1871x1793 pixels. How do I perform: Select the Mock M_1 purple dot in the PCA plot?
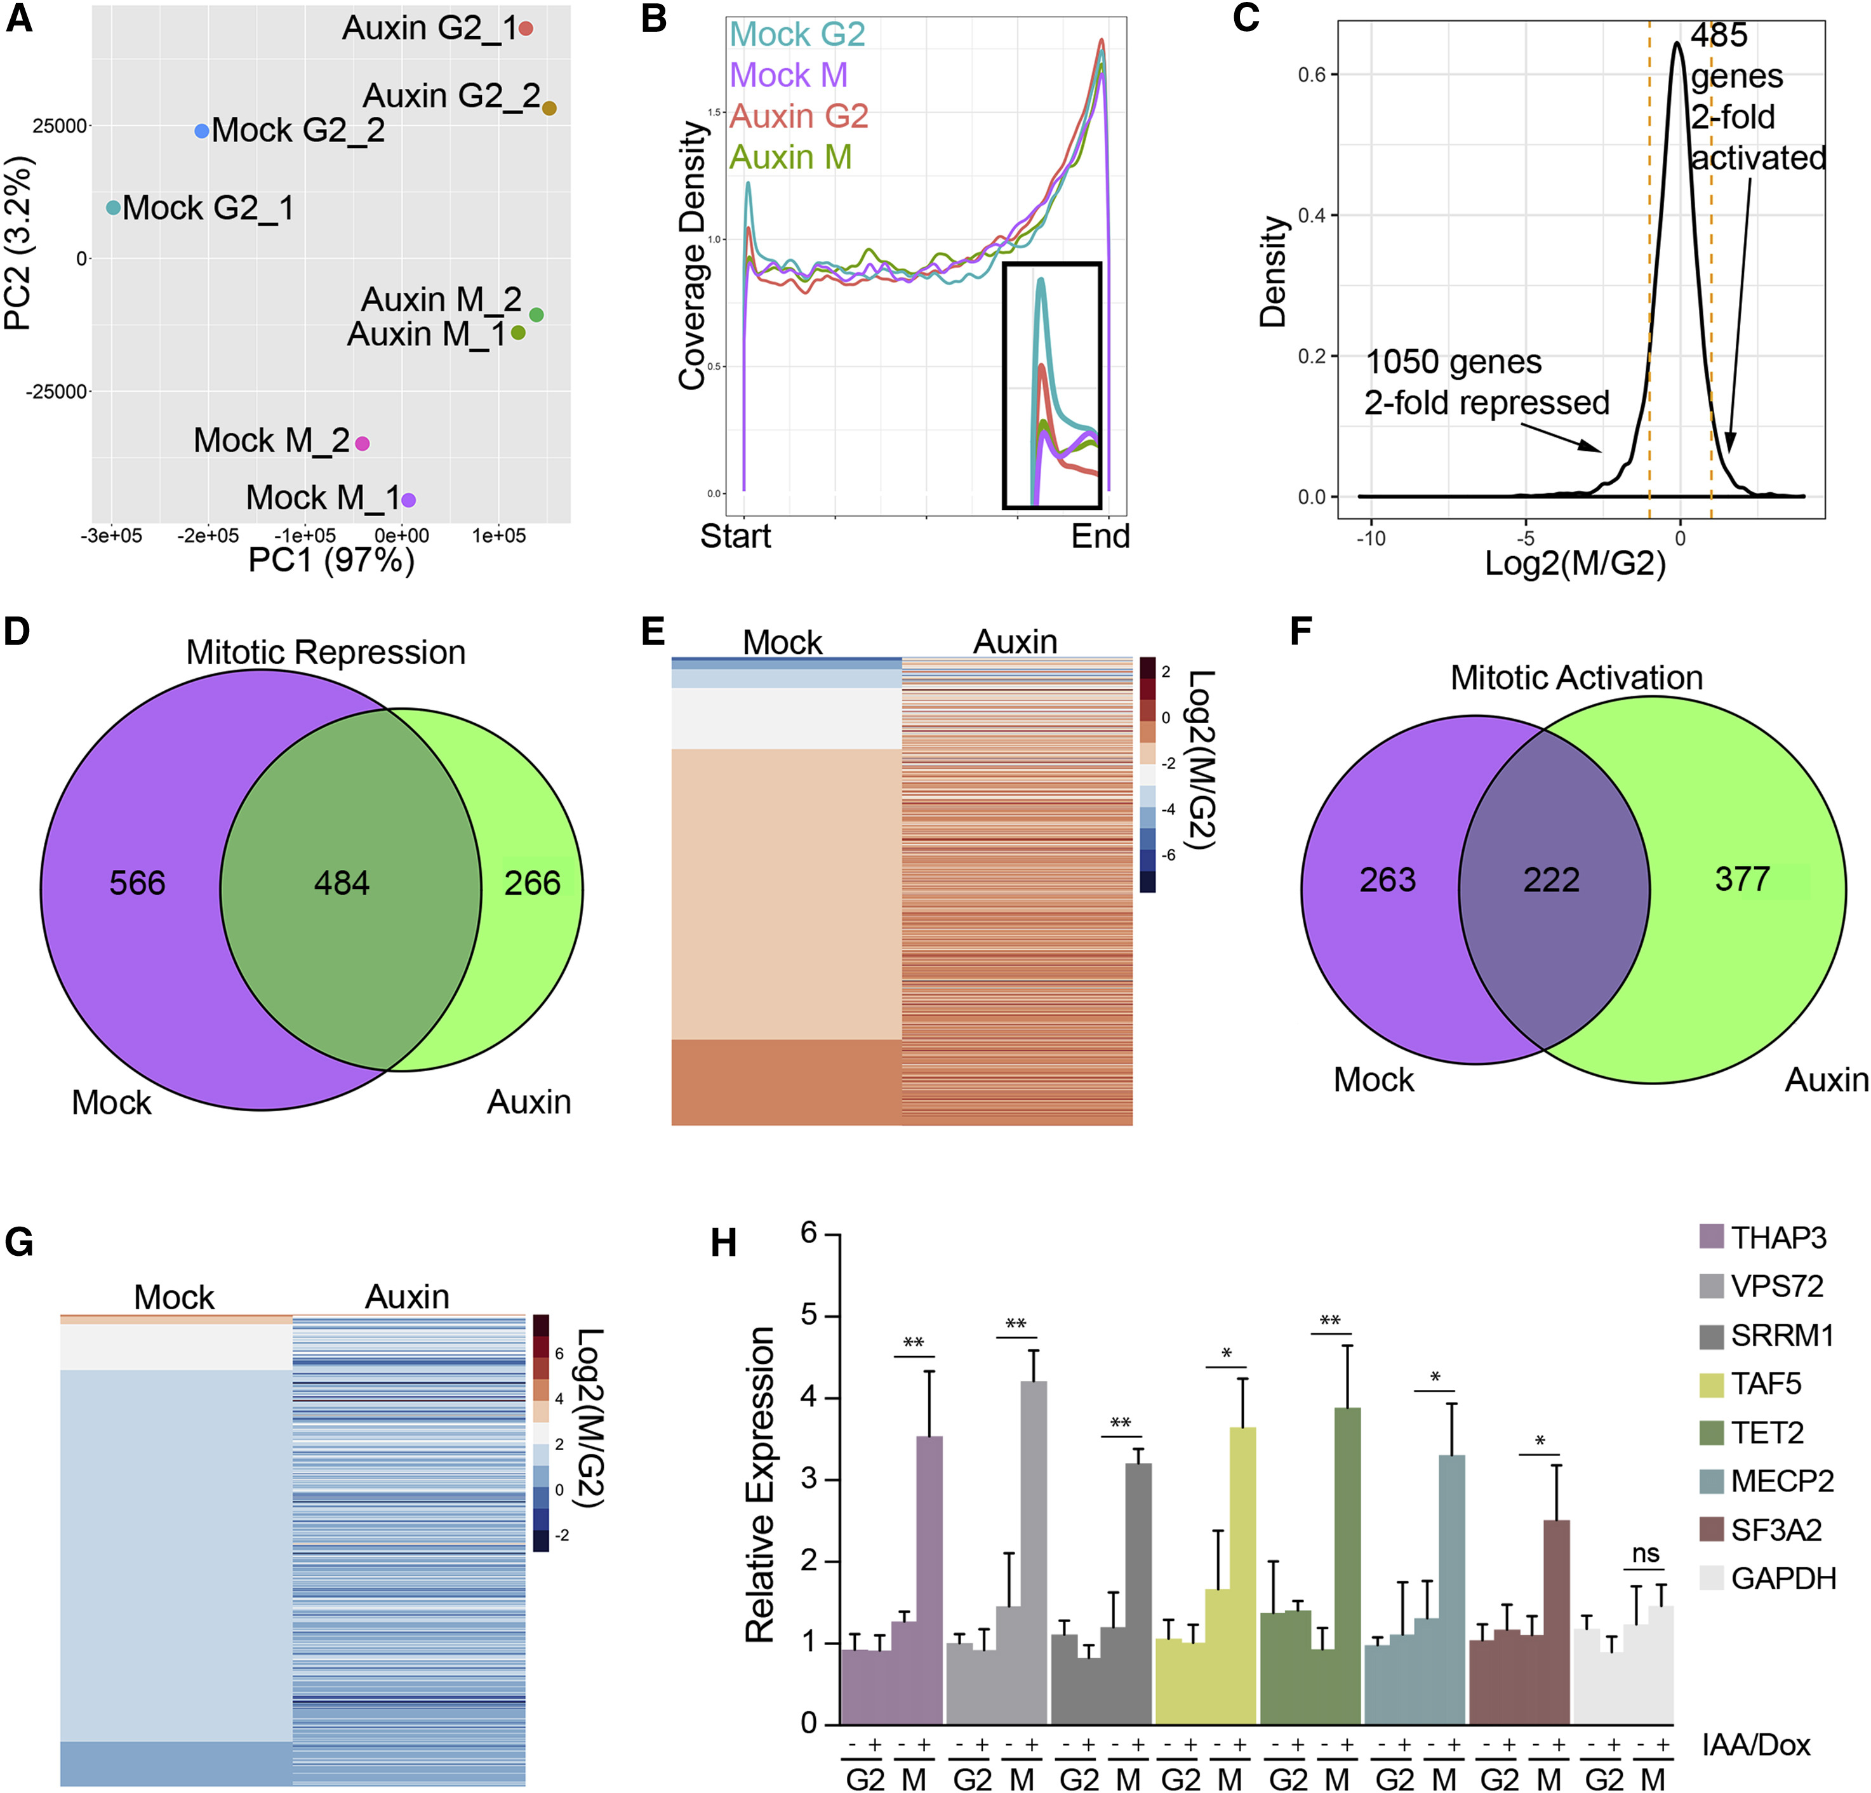tap(409, 499)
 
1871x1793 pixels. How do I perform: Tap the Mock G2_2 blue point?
tap(201, 131)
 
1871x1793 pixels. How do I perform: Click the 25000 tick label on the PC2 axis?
tap(59, 126)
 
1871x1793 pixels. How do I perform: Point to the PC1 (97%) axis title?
tap(331, 559)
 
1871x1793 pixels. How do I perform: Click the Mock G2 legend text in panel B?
tap(797, 34)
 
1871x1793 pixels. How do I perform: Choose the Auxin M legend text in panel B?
tap(790, 157)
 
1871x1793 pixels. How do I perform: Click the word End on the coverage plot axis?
tap(1100, 537)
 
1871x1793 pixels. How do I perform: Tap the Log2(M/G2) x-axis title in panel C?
tap(1575, 563)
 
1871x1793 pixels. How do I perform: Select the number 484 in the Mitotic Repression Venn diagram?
tap(342, 883)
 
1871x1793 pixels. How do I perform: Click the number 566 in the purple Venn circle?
tap(138, 883)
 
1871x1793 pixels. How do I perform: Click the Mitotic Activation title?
tap(1576, 678)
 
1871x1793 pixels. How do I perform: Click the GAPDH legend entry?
tap(1783, 1578)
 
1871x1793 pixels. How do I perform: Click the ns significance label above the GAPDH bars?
tap(1645, 1554)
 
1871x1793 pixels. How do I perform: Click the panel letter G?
tap(19, 1242)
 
